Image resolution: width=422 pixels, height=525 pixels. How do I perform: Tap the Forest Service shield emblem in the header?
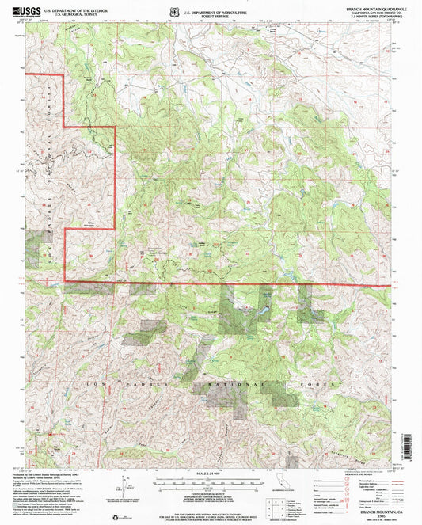pos(172,11)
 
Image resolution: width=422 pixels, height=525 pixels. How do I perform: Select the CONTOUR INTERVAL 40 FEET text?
pos(210,493)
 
